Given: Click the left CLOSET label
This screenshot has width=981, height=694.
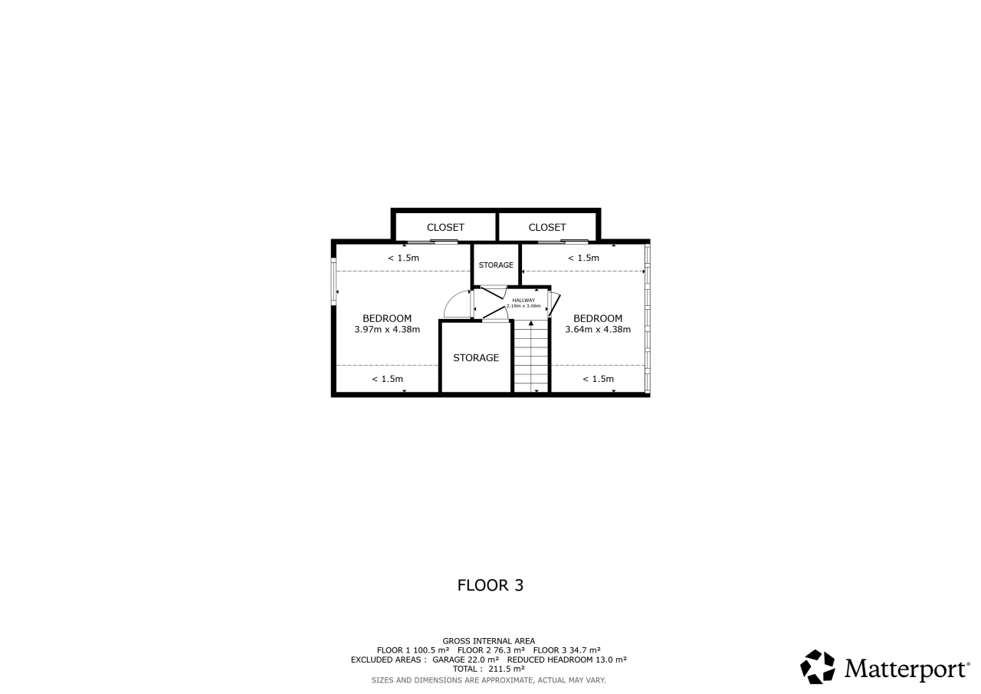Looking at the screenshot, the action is coord(445,228).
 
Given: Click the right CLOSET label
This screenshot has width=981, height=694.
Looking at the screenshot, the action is coord(547,228).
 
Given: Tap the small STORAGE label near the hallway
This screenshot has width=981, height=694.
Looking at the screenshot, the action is coord(496,265).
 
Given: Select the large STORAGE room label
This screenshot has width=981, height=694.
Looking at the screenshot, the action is coord(476,358).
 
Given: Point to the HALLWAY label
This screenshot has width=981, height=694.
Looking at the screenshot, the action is coord(523,300).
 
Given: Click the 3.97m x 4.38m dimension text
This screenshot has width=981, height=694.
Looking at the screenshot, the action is coord(387,330).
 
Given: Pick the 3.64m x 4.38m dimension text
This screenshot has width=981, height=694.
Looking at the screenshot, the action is coord(598,330).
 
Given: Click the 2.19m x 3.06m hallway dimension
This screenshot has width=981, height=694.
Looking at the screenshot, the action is coord(523,306).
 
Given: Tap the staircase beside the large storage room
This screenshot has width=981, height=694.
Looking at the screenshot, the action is coord(531,356).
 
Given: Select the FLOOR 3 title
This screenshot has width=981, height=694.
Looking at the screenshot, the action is coord(490,585).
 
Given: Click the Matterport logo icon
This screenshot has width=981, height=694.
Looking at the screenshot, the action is coord(817,667).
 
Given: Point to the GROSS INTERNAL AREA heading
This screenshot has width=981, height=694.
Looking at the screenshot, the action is coord(489,641).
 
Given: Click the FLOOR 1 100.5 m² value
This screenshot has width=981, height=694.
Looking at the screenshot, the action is coord(413,650).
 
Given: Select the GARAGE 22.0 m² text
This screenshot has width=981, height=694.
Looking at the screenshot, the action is coord(465,659).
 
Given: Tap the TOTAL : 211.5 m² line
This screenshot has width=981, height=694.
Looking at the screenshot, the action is coord(489,669).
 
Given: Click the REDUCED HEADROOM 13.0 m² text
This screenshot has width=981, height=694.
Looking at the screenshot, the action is coord(566,659).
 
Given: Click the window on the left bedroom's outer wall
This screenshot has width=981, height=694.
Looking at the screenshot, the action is coord(333,281).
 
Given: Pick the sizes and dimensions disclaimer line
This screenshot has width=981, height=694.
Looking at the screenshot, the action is coord(489,680).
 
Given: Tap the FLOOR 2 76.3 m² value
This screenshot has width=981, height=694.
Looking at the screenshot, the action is coord(491,650).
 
